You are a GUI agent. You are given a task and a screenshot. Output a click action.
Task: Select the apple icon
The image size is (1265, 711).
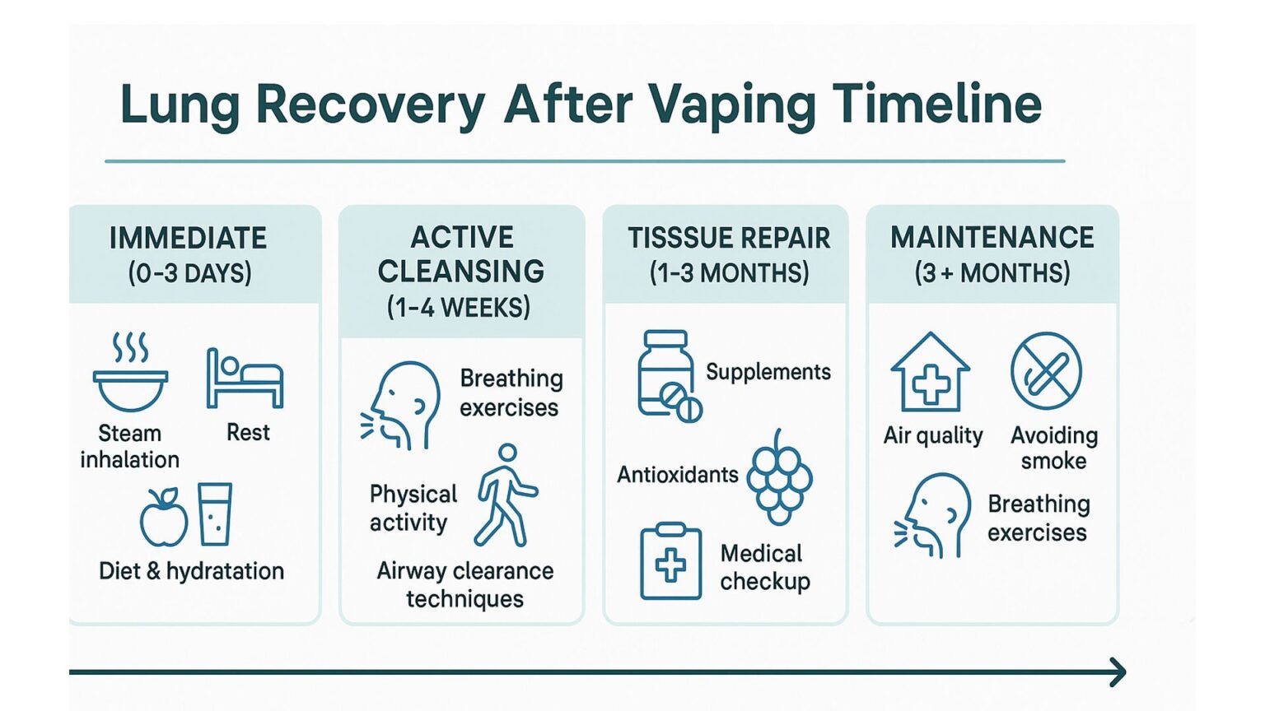coord(164,518)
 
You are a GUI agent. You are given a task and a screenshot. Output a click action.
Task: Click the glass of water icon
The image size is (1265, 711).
coord(215,514)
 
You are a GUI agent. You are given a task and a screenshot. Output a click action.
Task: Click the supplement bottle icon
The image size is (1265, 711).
coord(667,376)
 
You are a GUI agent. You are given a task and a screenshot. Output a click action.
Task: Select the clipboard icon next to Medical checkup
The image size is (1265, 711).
coord(671,562)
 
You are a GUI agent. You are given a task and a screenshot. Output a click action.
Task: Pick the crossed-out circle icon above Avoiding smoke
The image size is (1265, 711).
coord(1046,371)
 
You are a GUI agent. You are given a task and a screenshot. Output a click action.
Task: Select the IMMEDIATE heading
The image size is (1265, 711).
coord(189,238)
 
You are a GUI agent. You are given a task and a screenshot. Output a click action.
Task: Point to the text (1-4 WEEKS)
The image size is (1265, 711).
coord(459,308)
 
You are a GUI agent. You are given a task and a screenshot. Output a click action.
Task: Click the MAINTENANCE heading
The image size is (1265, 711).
coord(992,238)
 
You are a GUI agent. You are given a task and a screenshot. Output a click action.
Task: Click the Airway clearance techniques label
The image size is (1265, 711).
coord(465,584)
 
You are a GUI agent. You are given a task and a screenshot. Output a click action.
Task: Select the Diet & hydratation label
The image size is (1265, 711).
coord(191,571)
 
